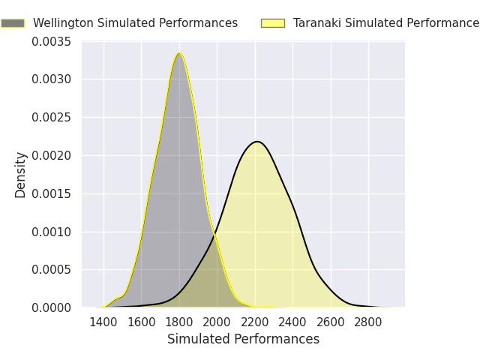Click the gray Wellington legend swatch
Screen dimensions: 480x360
pos(13,23)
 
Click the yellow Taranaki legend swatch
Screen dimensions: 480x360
pos(273,23)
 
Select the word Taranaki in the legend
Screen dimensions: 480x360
pos(317,23)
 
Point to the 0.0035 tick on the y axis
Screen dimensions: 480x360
pos(52,42)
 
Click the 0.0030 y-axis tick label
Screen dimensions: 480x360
pos(52,79)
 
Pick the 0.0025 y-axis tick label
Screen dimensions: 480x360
pos(52,118)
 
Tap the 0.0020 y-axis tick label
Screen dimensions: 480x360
pos(52,156)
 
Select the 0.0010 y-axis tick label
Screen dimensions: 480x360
pos(52,232)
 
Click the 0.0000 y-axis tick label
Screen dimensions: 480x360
pos(52,307)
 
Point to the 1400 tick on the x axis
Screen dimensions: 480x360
pos(103,322)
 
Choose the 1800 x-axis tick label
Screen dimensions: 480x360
pos(179,322)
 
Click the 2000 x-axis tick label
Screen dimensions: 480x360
pos(217,322)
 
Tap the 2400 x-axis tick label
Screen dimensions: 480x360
pos(292,322)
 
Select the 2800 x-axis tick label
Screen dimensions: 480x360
pos(368,322)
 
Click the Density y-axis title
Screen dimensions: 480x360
pos(20,175)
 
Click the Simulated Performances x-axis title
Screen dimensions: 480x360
pos(243,339)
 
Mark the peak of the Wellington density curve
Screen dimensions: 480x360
pos(179,53)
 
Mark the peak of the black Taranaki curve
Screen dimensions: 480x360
pos(257,142)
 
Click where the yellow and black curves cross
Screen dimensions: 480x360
pos(214,235)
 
